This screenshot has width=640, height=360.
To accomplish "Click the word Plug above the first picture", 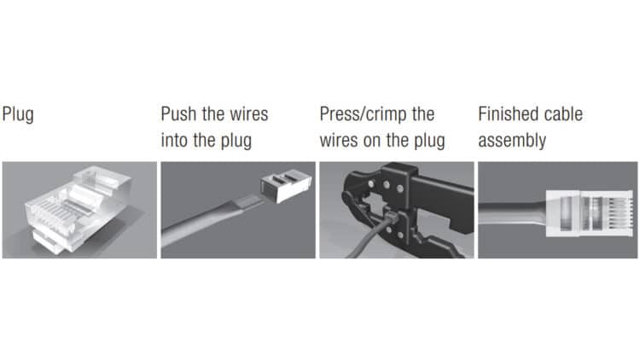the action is [x=18, y=114].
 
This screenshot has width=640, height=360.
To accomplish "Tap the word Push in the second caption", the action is [x=179, y=113].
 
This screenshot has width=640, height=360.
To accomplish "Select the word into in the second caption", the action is [x=175, y=141].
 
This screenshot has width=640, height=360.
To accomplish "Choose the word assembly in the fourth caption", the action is [x=512, y=142].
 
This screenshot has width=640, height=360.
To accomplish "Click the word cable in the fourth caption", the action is [x=562, y=113].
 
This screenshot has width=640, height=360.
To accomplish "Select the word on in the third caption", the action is [x=371, y=142].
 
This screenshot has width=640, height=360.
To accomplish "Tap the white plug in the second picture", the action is [x=286, y=186].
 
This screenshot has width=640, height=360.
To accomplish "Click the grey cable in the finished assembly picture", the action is [x=512, y=212].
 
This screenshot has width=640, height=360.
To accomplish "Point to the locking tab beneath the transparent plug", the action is [x=48, y=242].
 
